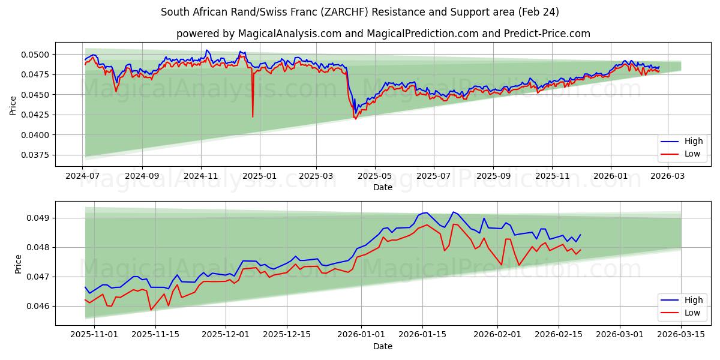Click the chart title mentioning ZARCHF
click(360, 12)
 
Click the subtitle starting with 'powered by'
click(383, 34)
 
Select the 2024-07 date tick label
click(83, 176)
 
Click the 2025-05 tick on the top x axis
click(375, 176)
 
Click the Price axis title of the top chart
click(13, 105)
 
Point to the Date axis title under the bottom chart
click(383, 346)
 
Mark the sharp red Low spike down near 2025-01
click(253, 116)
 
